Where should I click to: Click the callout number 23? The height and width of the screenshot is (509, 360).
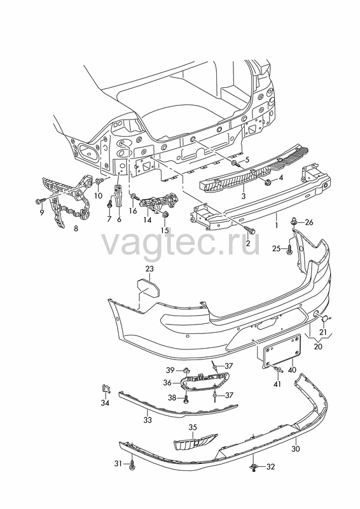click(149, 268)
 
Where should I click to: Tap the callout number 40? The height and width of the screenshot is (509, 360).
click(292, 370)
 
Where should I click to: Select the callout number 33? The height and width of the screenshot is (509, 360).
click(148, 420)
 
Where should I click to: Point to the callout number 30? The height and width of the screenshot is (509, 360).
click(296, 449)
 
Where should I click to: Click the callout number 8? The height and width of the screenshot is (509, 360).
click(76, 228)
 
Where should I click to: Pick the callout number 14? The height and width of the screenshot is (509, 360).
click(148, 220)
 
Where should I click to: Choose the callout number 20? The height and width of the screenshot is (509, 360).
click(318, 346)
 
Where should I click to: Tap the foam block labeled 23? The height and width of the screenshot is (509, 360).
click(149, 288)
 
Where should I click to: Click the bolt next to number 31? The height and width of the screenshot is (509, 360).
click(132, 464)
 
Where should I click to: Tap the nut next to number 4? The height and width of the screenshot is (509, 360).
click(268, 183)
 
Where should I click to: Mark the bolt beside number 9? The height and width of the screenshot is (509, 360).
click(39, 202)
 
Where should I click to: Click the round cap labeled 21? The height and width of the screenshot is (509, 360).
click(324, 319)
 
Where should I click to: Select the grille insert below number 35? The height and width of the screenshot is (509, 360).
click(195, 442)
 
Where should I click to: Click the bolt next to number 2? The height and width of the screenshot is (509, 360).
click(251, 230)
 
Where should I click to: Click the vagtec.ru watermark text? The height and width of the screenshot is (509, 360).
click(181, 243)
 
